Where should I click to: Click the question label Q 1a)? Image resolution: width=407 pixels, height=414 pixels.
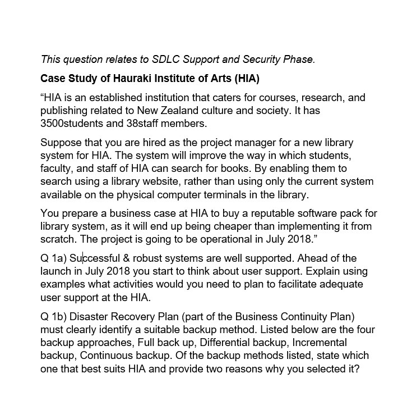click(x=53, y=258)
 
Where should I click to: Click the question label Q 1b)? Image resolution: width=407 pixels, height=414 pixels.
click(x=53, y=317)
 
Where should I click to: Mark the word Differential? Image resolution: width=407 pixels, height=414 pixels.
click(x=226, y=342)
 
